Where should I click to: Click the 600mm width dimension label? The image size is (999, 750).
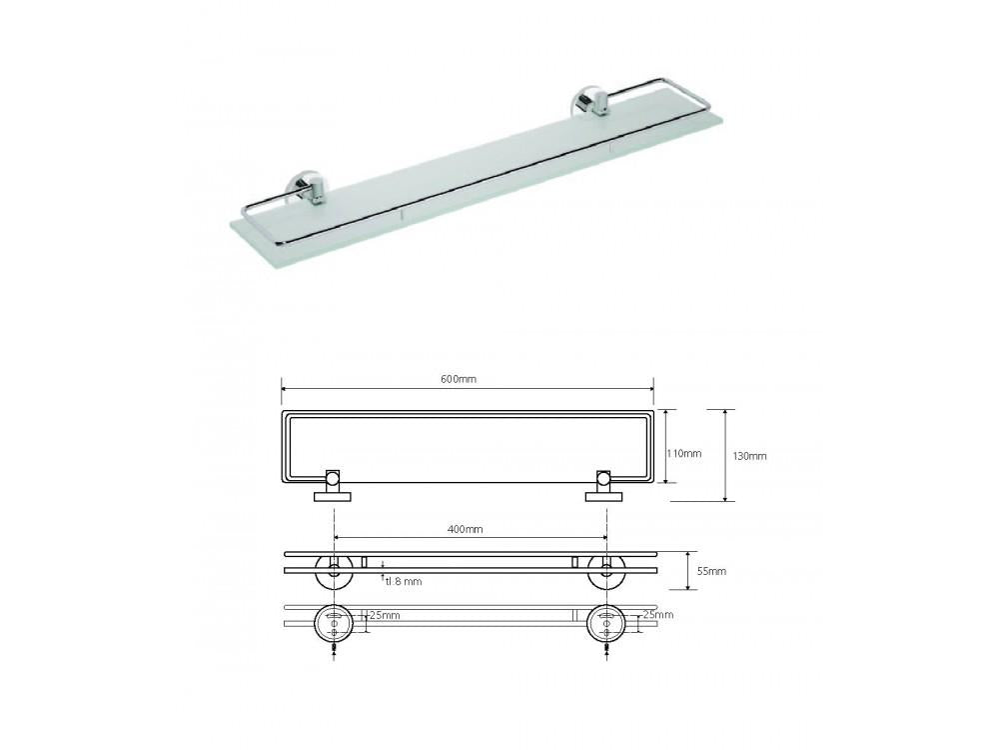pyautogui.click(x=460, y=379)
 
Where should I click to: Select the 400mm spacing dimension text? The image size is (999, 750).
pyautogui.click(x=466, y=528)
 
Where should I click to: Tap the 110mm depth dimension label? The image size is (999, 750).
pyautogui.click(x=684, y=453)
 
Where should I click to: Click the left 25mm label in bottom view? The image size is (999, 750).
pyautogui.click(x=385, y=615)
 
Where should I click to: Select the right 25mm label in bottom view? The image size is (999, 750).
pyautogui.click(x=658, y=615)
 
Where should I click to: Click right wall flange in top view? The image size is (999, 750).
pyautogui.click(x=604, y=493)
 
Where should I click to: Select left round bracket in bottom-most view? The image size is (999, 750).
pyautogui.click(x=333, y=623)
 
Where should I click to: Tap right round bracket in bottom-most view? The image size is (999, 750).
pyautogui.click(x=605, y=623)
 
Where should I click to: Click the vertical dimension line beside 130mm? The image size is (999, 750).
pyautogui.click(x=725, y=454)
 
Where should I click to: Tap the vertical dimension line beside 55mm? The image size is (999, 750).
pyautogui.click(x=687, y=570)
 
